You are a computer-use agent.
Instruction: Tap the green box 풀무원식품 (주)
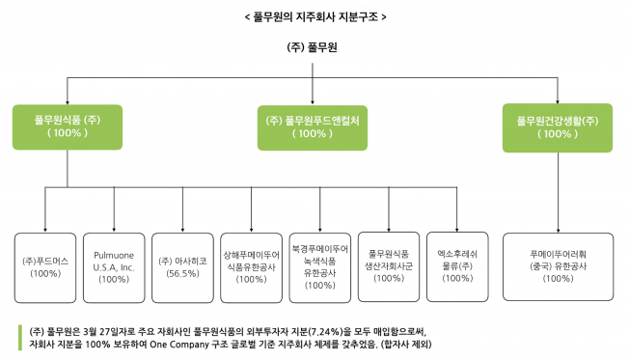coord(68,126)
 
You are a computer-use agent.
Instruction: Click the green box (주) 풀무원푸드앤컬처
coord(313,126)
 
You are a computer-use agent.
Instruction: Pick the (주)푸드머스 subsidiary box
coord(45,266)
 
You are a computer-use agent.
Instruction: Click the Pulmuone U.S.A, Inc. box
coord(114,266)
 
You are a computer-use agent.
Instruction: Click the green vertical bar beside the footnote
coord(20,335)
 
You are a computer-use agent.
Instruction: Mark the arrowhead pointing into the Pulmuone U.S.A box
coord(114,228)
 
